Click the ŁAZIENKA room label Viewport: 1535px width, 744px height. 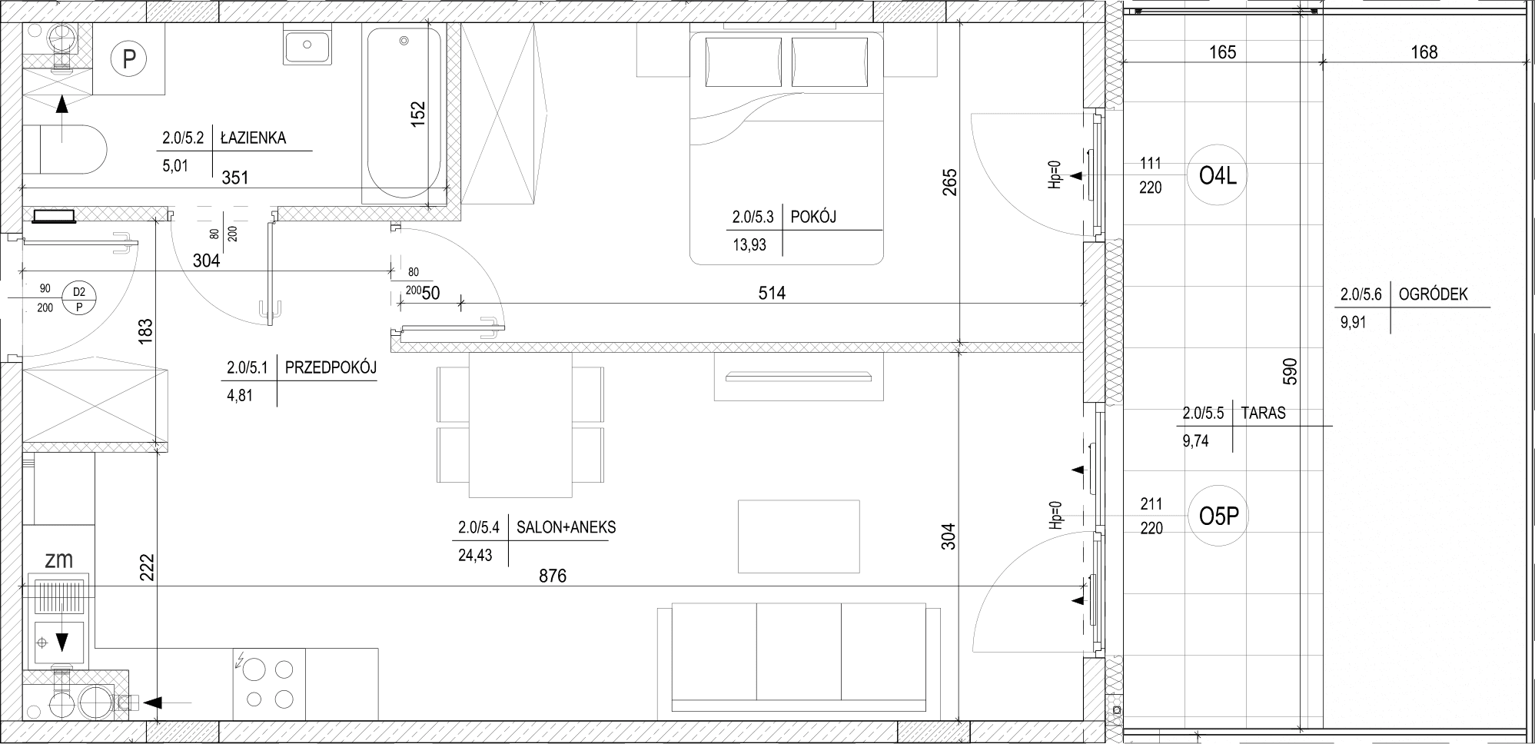click(253, 138)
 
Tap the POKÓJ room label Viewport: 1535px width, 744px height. click(813, 217)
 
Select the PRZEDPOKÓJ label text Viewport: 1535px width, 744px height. click(331, 368)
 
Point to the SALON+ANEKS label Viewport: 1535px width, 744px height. click(566, 528)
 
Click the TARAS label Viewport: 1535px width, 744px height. click(1263, 413)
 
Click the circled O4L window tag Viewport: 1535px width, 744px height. click(1218, 177)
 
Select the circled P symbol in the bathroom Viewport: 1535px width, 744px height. click(129, 58)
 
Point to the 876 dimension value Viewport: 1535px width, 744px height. click(552, 576)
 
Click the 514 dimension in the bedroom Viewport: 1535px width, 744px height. click(772, 293)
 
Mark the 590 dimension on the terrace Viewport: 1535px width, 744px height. click(1291, 371)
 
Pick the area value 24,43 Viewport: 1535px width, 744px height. click(475, 555)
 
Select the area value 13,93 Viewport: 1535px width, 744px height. click(749, 244)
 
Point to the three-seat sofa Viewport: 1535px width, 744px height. click(799, 659)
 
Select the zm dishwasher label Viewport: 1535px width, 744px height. click(58, 560)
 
